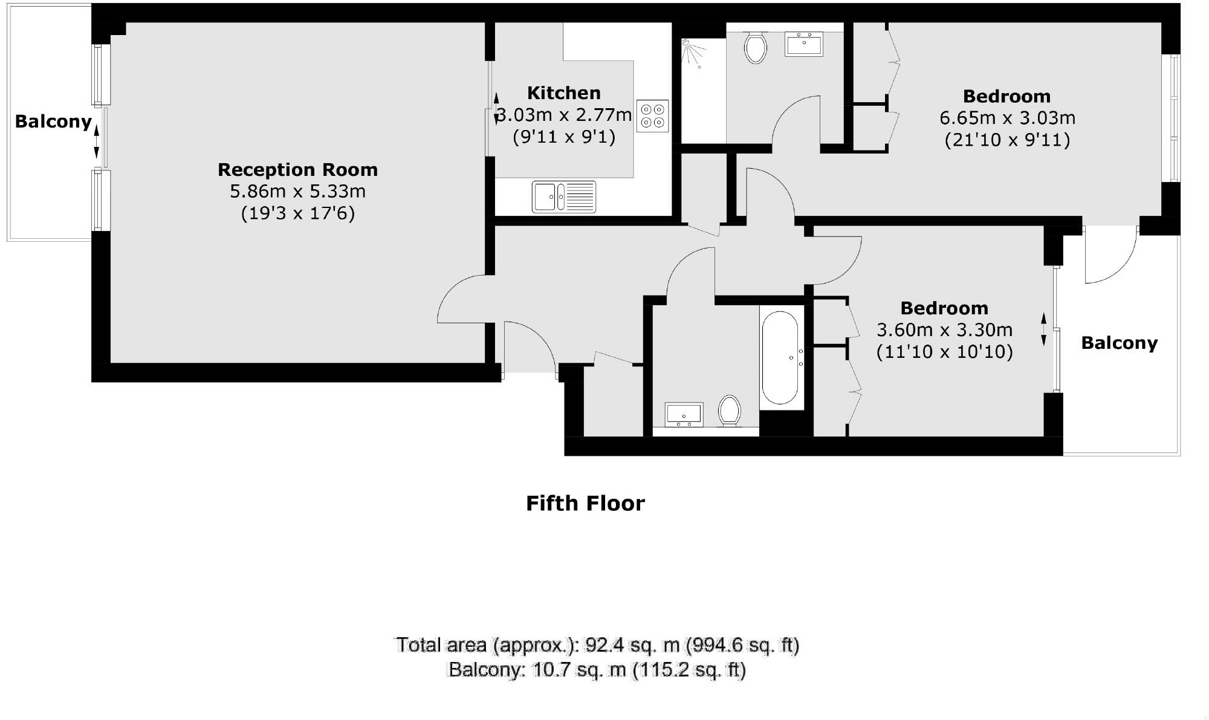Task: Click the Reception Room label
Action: tap(297, 170)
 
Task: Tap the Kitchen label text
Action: tap(563, 93)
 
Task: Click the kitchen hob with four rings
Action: tap(652, 115)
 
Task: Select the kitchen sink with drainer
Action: tap(563, 196)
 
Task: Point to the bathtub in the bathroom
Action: tap(780, 357)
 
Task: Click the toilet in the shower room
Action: tap(755, 48)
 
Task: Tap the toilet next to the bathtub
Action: tap(730, 410)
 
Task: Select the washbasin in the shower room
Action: tap(803, 44)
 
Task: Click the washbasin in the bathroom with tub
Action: tap(684, 414)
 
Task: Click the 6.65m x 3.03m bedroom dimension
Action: tap(1007, 118)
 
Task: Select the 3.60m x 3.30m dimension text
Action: tap(944, 330)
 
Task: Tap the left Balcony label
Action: tap(53, 122)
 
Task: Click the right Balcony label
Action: tap(1119, 343)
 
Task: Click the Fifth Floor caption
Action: tap(585, 503)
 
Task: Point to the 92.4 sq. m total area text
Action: tap(597, 645)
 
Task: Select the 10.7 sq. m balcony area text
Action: tap(597, 670)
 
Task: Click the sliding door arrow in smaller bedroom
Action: tap(1043, 329)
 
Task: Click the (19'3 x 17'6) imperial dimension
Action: tap(297, 213)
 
